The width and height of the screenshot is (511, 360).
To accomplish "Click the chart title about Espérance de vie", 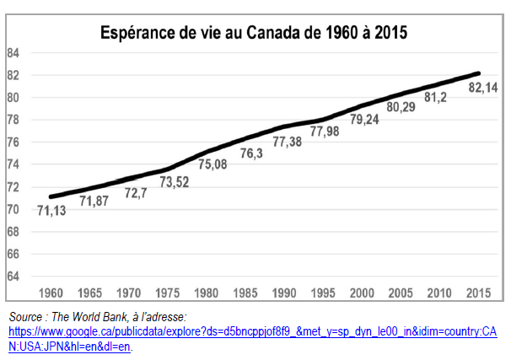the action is (x=254, y=33).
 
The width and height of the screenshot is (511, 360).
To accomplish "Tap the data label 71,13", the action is (x=51, y=211).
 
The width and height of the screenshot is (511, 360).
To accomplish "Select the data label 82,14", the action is (x=483, y=88).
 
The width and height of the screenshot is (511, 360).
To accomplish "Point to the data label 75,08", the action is (x=212, y=164).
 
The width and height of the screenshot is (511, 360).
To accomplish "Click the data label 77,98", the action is (x=325, y=132).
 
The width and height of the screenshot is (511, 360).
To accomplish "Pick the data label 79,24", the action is (x=364, y=119).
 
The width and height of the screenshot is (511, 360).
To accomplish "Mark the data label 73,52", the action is (x=175, y=182).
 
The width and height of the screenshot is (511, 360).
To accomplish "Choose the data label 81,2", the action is (x=435, y=97).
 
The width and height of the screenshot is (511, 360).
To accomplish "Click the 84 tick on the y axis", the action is (x=13, y=53).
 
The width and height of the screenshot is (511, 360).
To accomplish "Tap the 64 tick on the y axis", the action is (x=13, y=277).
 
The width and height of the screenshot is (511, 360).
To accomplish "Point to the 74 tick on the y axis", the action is (x=13, y=164).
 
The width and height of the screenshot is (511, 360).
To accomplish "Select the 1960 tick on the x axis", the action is (x=51, y=293).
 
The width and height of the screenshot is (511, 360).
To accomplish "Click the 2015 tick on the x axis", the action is (x=478, y=293).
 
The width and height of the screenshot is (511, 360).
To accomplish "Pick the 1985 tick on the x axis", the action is (x=245, y=293).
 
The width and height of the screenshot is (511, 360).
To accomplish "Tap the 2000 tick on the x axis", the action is (x=362, y=293).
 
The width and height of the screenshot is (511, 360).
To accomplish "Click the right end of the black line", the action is (x=478, y=73).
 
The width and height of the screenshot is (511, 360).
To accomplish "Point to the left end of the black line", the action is (x=51, y=196).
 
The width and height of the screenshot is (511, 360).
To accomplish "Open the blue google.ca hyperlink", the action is (x=253, y=339).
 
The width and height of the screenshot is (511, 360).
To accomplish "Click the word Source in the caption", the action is (x=26, y=317).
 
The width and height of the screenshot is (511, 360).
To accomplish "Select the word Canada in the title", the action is (x=273, y=33).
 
